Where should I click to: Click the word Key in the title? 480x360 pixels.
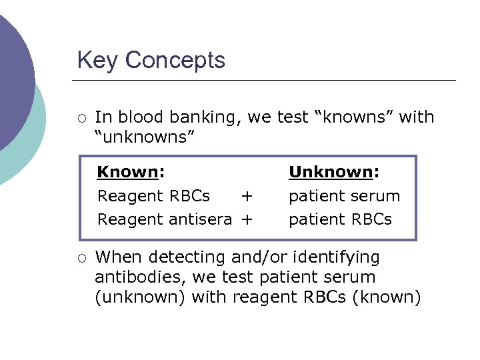pos(98,61)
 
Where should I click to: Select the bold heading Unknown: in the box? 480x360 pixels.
pos(334,173)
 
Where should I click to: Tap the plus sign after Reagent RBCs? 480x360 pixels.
pos(247,196)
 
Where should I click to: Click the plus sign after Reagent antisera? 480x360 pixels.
pos(247,219)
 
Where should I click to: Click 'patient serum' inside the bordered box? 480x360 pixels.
pos(344,197)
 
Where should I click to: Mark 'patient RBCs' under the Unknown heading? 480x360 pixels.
pos(340,219)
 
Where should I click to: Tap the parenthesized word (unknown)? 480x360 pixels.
pos(140,297)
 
